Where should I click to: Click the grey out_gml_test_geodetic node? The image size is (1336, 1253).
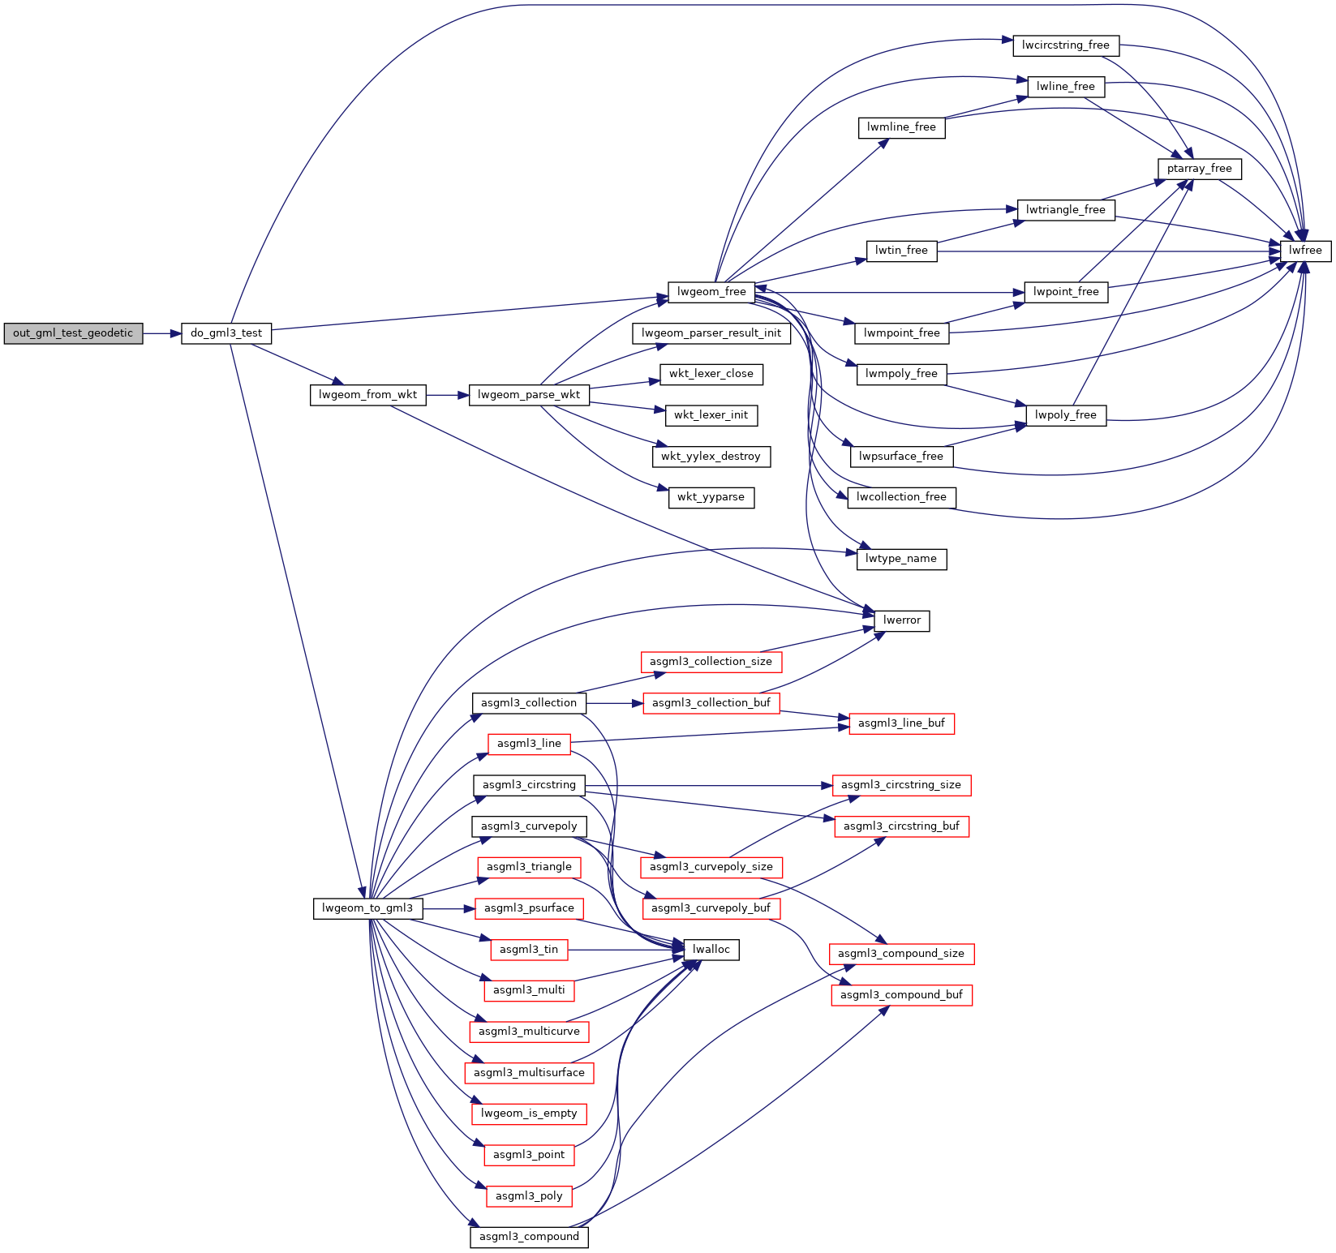click(73, 333)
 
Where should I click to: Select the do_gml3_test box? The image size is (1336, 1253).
click(226, 333)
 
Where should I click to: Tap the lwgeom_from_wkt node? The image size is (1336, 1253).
click(367, 395)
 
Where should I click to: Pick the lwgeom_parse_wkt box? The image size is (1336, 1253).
click(528, 395)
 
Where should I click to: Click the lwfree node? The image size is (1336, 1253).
click(1305, 251)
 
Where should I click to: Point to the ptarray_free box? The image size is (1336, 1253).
click(1199, 169)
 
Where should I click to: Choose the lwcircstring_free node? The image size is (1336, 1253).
click(1065, 45)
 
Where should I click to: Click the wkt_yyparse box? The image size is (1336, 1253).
click(711, 497)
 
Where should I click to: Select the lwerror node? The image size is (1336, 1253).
click(901, 620)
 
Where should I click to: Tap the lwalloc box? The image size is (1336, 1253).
click(711, 950)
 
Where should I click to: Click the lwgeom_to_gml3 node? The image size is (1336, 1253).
click(367, 908)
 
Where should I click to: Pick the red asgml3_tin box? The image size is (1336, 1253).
click(529, 950)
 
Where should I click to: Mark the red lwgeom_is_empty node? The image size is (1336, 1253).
click(529, 1114)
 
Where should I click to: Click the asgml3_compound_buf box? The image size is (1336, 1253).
click(901, 995)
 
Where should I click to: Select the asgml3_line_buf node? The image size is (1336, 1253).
click(901, 723)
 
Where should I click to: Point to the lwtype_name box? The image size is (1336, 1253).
click(900, 559)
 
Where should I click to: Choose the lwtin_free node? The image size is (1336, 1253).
click(901, 251)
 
